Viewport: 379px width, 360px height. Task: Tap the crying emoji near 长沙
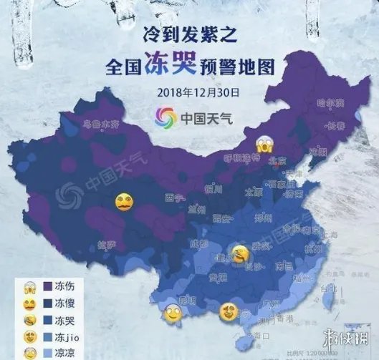coord(241,253)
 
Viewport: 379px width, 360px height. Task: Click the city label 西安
coord(221,219)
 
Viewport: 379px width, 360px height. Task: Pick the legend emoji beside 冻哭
coord(14,320)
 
